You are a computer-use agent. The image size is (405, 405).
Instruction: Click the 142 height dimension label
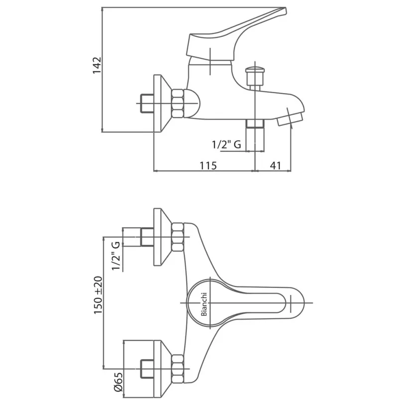[x=97, y=65]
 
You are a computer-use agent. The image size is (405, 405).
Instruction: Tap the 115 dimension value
[x=208, y=165]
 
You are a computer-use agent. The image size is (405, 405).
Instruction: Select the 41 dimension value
[x=275, y=165]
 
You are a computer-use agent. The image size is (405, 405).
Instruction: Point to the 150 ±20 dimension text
[x=98, y=295]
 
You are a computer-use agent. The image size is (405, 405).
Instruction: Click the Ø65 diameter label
[x=119, y=386]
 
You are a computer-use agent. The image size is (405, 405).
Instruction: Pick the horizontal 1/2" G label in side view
[x=227, y=144]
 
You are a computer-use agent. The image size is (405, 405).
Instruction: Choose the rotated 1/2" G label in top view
[x=116, y=256]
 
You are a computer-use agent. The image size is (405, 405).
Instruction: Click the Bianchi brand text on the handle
[x=204, y=304]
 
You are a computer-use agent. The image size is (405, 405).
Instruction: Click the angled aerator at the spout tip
[x=290, y=118]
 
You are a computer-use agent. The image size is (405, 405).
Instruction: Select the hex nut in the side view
[x=178, y=103]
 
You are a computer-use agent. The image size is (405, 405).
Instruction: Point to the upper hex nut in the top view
[x=178, y=237]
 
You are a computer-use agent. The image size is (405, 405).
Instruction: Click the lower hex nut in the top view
[x=178, y=369]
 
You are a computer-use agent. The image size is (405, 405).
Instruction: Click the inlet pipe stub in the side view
[x=147, y=104]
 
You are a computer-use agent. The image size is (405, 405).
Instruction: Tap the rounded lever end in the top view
[x=297, y=303]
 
